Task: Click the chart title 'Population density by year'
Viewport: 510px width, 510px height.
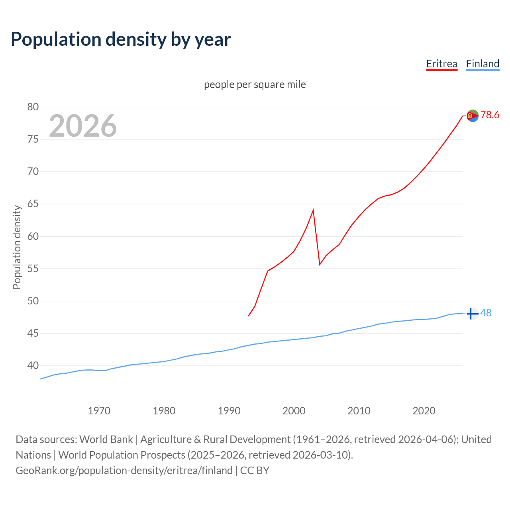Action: (121, 39)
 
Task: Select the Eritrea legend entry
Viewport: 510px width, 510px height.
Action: (441, 64)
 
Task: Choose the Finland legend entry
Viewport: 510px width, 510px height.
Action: (483, 64)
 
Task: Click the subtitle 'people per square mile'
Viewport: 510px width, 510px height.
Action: (255, 84)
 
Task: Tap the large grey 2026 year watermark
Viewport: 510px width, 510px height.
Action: (83, 126)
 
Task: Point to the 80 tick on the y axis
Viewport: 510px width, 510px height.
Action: (33, 107)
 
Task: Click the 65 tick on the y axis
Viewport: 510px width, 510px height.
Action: (33, 204)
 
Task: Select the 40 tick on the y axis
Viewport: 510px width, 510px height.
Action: (33, 365)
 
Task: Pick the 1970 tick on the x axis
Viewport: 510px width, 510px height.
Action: (99, 411)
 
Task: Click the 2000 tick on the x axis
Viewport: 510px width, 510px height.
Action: (294, 411)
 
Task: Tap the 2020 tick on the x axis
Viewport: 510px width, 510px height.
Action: (424, 411)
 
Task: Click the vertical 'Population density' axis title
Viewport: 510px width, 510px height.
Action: (17, 247)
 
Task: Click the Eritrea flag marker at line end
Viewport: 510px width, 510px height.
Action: (473, 116)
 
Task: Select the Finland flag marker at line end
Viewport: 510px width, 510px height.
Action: (472, 314)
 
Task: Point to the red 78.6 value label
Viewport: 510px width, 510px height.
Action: (490, 115)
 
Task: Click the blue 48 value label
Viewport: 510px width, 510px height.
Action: (486, 313)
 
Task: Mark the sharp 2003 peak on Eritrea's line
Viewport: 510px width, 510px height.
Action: (313, 210)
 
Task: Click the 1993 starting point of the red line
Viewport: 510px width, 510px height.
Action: (249, 316)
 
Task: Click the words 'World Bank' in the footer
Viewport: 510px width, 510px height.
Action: (106, 439)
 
